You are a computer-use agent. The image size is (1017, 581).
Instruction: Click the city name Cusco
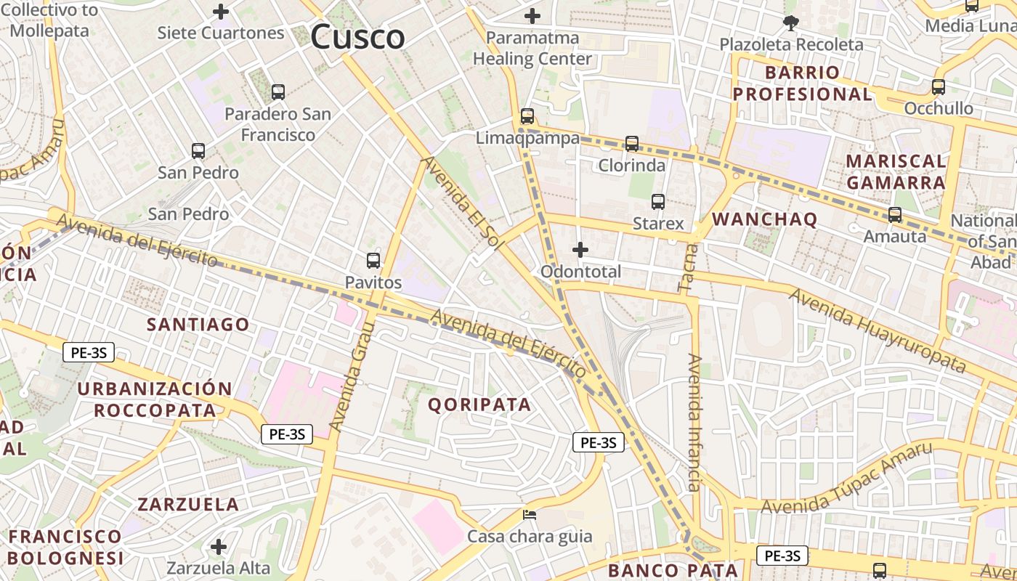357,37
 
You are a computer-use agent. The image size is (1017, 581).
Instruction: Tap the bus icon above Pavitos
373,260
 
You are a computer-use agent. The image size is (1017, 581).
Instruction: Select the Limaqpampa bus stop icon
527,116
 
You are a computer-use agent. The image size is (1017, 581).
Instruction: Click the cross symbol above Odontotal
580,250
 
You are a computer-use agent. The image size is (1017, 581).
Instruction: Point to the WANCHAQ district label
765,219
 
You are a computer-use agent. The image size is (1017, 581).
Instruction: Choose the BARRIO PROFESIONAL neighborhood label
802,84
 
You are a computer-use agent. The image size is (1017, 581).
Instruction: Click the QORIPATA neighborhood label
479,405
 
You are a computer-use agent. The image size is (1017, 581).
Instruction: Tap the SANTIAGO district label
198,324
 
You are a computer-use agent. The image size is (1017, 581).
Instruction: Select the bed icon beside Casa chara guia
530,515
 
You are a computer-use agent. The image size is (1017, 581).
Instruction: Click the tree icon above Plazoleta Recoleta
791,23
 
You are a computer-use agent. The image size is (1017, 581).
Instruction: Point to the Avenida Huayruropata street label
878,330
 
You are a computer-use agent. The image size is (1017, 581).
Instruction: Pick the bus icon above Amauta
895,215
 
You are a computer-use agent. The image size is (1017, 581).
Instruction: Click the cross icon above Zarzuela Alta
218,546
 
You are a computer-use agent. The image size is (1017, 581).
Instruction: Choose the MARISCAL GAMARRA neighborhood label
896,171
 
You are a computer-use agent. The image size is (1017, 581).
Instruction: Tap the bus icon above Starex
658,202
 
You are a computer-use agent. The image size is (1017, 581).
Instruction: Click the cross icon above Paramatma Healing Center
532,15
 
